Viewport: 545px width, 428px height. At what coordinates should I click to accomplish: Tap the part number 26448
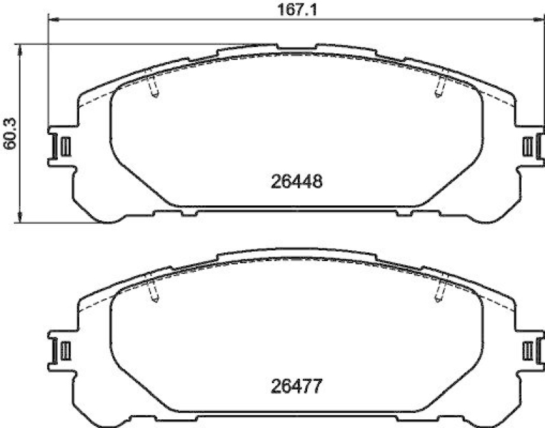pyautogui.click(x=296, y=182)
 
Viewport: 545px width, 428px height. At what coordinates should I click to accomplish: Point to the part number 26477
pyautogui.click(x=296, y=386)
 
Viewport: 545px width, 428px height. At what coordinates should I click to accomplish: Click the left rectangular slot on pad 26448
pyautogui.click(x=65, y=146)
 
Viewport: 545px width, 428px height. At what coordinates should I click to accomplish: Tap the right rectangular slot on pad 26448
pyautogui.click(x=527, y=146)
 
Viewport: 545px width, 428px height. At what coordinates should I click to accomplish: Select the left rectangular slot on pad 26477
pyautogui.click(x=65, y=350)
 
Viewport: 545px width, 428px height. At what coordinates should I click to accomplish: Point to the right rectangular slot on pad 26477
pyautogui.click(x=527, y=350)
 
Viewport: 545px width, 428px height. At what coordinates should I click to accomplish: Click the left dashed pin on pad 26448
pyautogui.click(x=154, y=87)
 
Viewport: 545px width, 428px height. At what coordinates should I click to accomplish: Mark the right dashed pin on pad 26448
pyautogui.click(x=439, y=87)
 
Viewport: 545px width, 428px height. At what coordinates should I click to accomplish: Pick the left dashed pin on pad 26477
pyautogui.click(x=154, y=291)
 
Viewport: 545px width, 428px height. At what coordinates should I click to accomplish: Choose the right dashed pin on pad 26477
pyautogui.click(x=439, y=291)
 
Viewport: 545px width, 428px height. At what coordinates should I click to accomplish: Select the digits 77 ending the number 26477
pyautogui.click(x=312, y=386)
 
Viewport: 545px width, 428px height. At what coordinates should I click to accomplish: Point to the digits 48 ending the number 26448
pyautogui.click(x=312, y=182)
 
